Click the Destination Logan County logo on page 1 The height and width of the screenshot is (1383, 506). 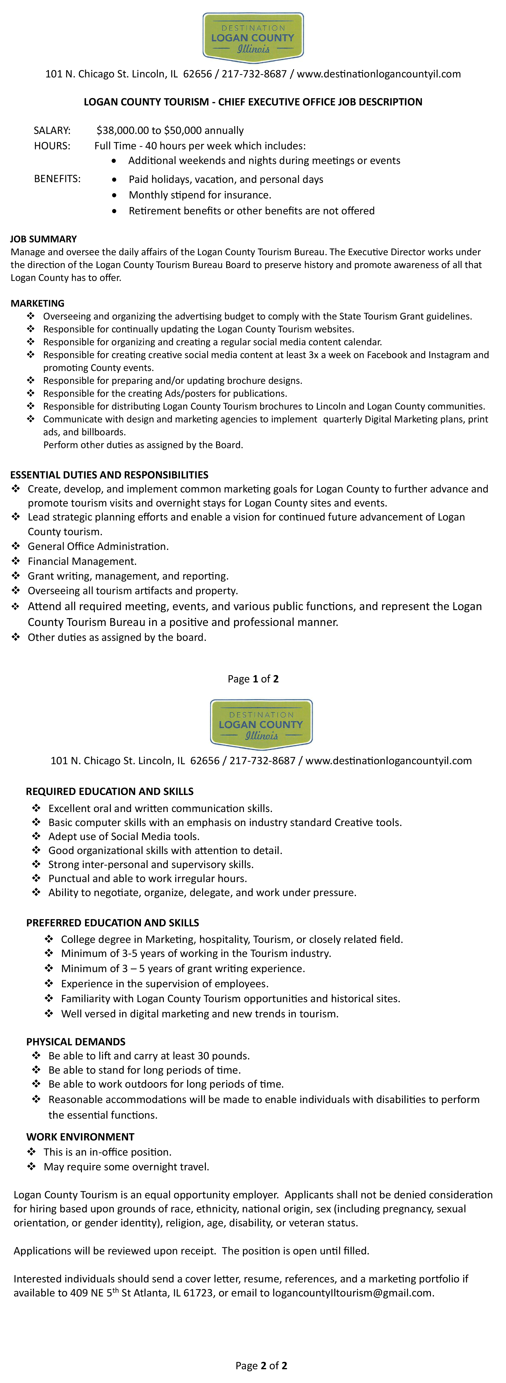point(253,38)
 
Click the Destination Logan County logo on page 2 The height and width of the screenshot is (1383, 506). point(261,724)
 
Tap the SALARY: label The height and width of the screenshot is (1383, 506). point(52,130)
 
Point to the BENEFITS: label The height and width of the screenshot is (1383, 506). point(57,179)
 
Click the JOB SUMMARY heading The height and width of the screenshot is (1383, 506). point(43,239)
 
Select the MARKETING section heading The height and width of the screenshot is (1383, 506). point(38,303)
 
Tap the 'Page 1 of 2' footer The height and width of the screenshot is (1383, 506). point(253,679)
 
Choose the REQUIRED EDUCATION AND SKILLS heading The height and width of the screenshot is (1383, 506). point(109,791)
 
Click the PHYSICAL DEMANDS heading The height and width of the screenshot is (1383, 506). point(76,1041)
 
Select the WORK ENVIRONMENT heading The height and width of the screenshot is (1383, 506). point(81,1137)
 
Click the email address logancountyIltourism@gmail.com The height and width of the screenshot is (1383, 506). point(352,1293)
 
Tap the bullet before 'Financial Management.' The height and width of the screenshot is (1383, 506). point(16,561)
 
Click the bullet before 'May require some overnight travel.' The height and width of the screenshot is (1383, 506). point(32,1167)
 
